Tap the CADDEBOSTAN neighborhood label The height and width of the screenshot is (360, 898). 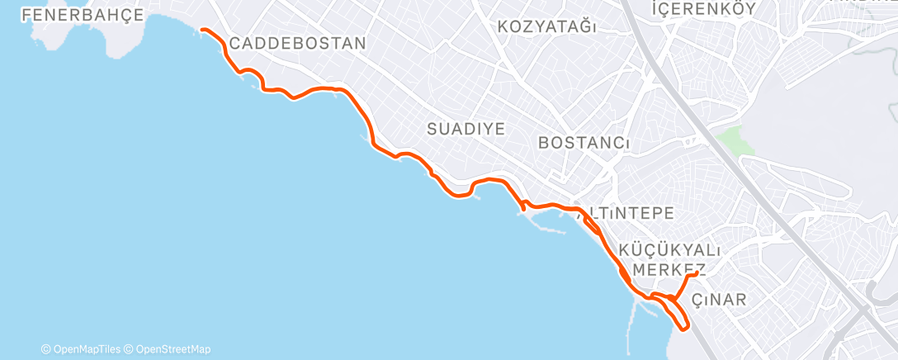coord(297,43)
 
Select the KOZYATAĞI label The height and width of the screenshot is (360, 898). coord(547,26)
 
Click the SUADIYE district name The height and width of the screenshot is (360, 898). coord(466,128)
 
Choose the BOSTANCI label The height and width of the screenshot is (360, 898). coord(584,143)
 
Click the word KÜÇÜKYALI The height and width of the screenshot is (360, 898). coord(670,250)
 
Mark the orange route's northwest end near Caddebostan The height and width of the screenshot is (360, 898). coord(202,30)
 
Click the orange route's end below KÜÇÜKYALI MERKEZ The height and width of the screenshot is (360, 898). coord(698,273)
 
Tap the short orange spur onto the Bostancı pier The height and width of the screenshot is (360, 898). coord(523,207)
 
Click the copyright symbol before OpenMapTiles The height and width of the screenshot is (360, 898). coord(46,349)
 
